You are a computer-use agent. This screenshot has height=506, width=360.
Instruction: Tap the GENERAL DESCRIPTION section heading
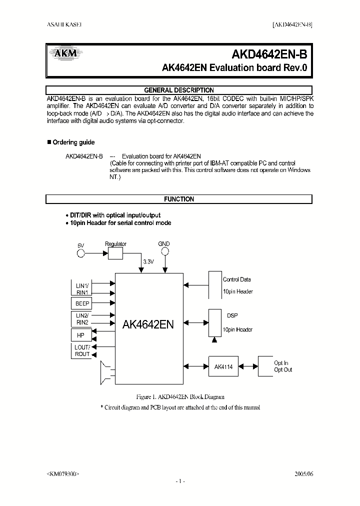178,90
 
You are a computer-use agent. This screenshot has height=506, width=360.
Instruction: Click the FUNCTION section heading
178,199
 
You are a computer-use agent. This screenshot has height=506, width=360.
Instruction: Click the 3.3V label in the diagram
148,261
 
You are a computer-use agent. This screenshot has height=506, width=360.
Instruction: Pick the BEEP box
82,303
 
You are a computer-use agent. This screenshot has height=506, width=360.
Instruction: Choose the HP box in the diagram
81,335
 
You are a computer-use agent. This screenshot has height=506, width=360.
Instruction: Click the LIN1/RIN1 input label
81,288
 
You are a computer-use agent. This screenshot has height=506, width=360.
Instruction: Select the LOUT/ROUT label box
82,350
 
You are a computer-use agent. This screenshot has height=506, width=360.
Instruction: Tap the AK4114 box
223,366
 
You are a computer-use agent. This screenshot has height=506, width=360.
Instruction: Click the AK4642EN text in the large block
148,324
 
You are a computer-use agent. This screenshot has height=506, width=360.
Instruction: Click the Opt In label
281,363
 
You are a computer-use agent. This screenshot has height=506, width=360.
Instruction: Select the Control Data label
236,279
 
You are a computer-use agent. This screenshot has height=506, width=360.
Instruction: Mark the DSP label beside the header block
232,315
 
